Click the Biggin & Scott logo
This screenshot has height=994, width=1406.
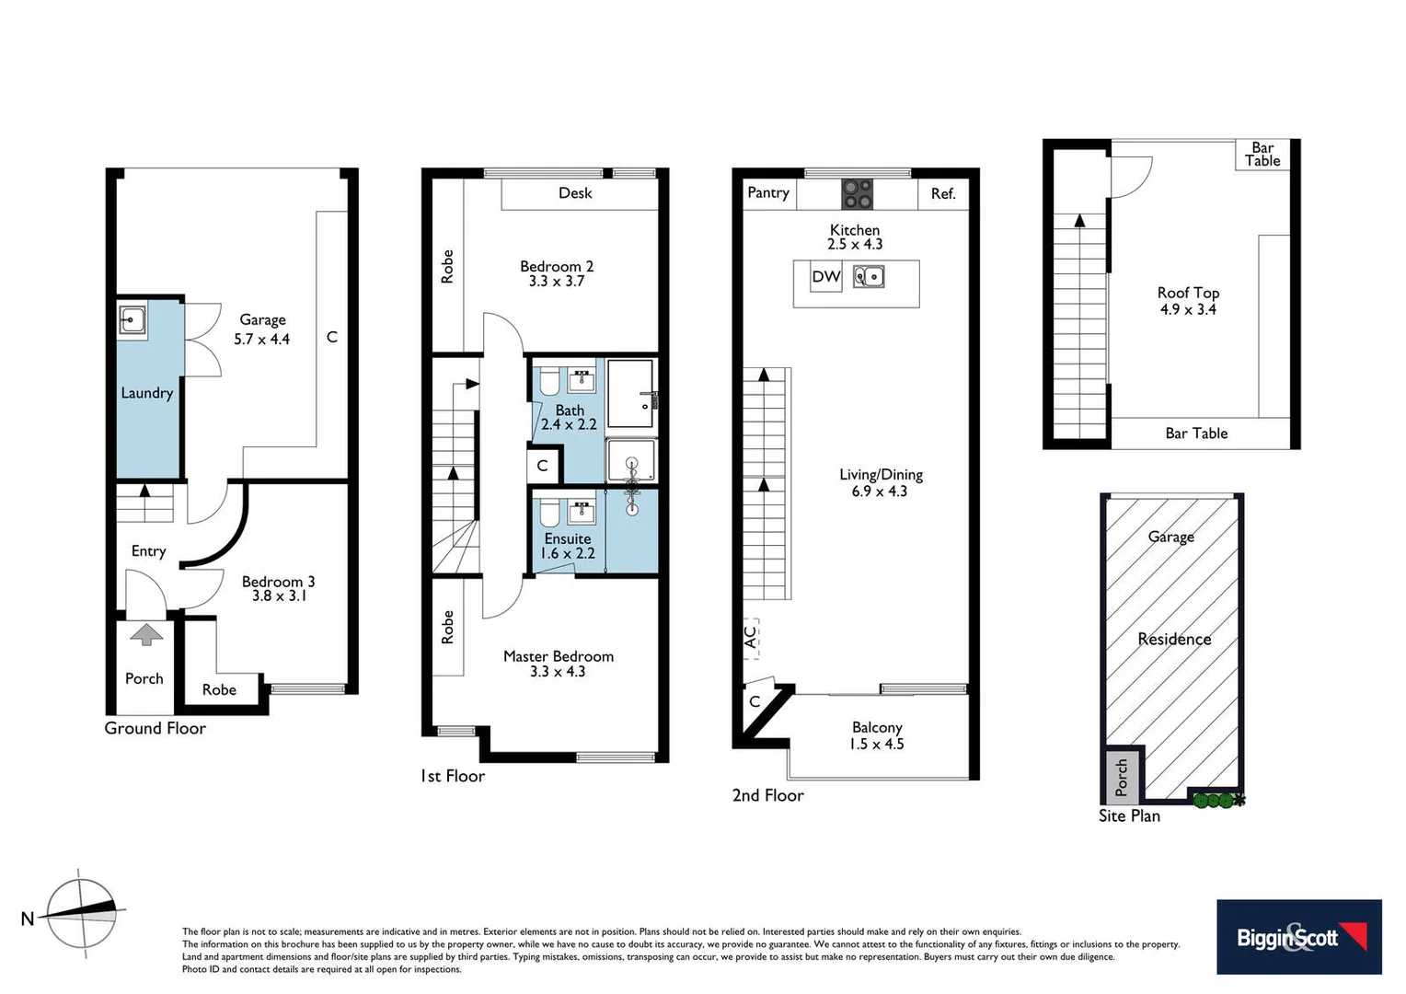coord(1298,937)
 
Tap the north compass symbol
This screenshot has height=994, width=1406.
coord(82,913)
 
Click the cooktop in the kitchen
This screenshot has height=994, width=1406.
coord(857,194)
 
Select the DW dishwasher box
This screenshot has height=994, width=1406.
coord(825,277)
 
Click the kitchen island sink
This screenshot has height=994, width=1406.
coord(869,276)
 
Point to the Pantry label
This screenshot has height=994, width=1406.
coord(768,192)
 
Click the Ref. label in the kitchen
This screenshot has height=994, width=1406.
coord(943,193)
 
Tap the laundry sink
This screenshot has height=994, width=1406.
coord(132,320)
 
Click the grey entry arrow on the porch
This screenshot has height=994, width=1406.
coord(145,634)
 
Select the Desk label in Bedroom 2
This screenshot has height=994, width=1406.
coord(575,192)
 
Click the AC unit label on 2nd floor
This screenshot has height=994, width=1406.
coord(751,635)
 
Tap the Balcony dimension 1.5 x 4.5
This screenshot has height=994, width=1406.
coord(876,744)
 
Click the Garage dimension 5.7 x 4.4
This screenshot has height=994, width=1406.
coord(261,339)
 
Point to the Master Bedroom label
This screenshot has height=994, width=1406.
coord(558,656)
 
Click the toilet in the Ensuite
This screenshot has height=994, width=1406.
coord(549,512)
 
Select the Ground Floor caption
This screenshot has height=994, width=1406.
coord(155,728)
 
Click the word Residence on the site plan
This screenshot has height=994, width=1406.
coord(1174,639)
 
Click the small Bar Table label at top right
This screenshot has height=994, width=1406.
coord(1262,154)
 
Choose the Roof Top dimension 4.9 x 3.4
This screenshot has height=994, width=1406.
coord(1188,309)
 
